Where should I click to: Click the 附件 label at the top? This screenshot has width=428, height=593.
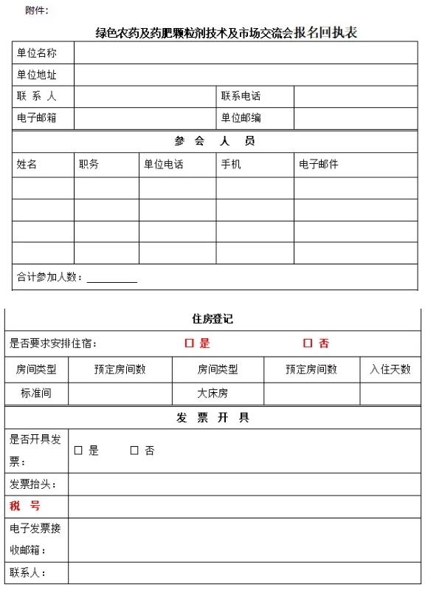[36, 10]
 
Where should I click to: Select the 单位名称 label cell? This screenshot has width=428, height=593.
[36, 53]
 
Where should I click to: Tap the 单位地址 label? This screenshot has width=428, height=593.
[36, 75]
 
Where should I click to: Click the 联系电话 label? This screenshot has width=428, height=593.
[241, 96]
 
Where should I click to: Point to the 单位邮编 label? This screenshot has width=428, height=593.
[241, 117]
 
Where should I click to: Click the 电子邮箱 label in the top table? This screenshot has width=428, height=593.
[36, 117]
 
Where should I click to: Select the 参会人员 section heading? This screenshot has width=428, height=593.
[215, 141]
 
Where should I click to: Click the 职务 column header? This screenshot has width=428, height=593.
[89, 164]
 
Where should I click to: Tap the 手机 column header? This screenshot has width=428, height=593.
[230, 164]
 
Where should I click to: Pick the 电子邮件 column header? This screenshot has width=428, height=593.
[318, 164]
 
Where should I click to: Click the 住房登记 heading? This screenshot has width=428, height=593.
[213, 319]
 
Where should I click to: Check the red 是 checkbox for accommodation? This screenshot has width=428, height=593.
[189, 343]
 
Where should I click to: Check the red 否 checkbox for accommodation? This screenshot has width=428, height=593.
[308, 343]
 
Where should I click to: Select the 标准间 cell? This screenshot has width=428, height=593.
[36, 393]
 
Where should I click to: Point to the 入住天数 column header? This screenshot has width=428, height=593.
[390, 369]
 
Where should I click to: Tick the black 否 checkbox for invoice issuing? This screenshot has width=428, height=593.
[134, 450]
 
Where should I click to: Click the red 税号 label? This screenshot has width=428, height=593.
[25, 506]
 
